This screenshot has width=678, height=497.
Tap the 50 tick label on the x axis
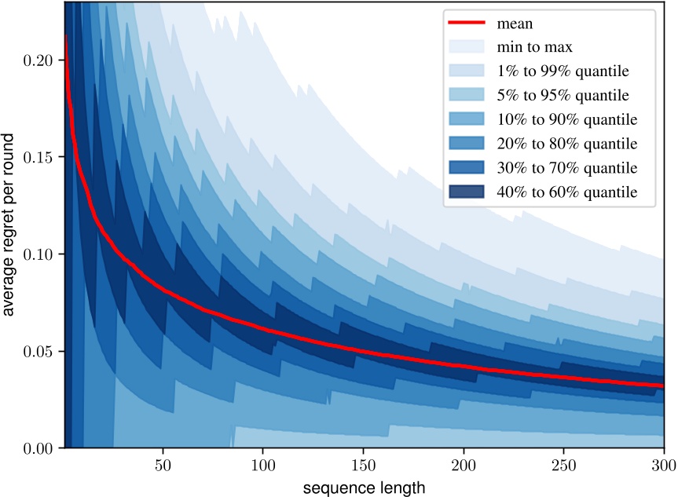162,465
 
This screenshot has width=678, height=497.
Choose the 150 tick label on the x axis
363,465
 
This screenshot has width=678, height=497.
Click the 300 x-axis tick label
664,465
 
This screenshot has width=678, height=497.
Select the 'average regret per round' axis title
10,225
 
